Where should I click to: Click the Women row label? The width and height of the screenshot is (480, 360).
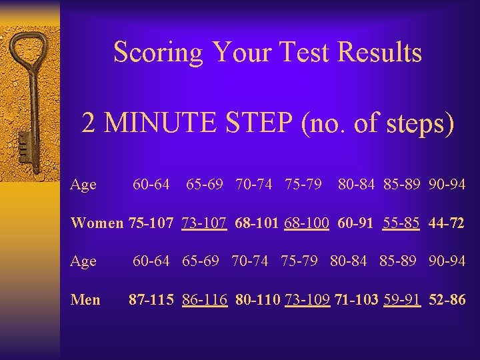[x=96, y=223]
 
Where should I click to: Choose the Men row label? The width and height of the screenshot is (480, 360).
[x=85, y=300]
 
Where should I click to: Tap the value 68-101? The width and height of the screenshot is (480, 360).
[x=257, y=223]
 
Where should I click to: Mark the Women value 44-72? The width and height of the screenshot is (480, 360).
[x=447, y=223]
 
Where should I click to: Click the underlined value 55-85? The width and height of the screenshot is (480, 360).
[x=401, y=223]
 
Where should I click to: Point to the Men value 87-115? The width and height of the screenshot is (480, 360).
[x=153, y=300]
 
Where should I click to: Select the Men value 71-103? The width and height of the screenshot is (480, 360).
[x=357, y=300]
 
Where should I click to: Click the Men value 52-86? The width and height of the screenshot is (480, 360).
[x=447, y=300]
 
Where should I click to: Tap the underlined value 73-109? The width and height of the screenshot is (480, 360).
[x=307, y=300]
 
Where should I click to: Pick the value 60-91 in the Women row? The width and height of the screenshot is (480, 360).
[x=356, y=223]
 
